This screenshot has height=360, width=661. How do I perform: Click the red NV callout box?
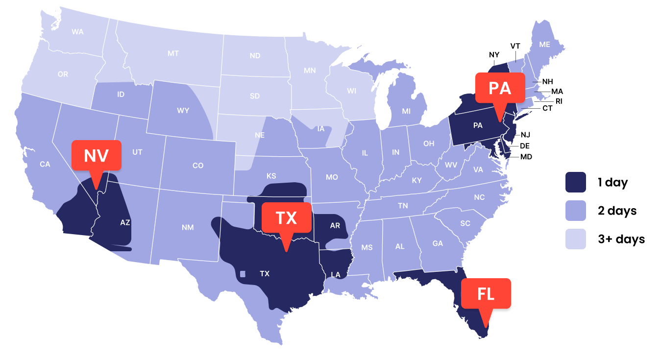pos(96,155)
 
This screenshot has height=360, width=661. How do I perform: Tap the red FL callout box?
pos(486,294)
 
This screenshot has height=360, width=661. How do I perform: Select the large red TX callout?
pos(286,217)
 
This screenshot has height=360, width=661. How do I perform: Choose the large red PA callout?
pos(499,88)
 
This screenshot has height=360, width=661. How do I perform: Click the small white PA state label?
pos(478,125)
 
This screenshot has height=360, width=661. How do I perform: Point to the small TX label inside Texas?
pos(265,273)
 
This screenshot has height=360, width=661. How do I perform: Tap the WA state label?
pos(77,32)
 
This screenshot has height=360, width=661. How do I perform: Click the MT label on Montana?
pos(173,53)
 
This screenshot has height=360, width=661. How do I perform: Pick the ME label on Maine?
pos(544,44)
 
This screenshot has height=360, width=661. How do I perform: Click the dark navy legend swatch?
pos(576,182)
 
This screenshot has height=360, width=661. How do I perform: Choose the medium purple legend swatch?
pos(576,211)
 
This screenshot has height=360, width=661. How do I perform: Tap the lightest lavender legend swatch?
pos(576,239)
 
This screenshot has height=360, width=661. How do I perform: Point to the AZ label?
pos(125,222)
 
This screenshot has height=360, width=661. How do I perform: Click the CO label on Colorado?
pos(198,166)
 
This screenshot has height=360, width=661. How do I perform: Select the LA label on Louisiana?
pos(336,275)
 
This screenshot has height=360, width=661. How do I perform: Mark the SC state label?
pos(465,223)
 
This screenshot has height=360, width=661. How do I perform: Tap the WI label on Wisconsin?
pos(351,91)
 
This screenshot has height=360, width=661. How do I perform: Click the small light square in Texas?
pos(243,273)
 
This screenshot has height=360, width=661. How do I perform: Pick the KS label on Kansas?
pos(271,176)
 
